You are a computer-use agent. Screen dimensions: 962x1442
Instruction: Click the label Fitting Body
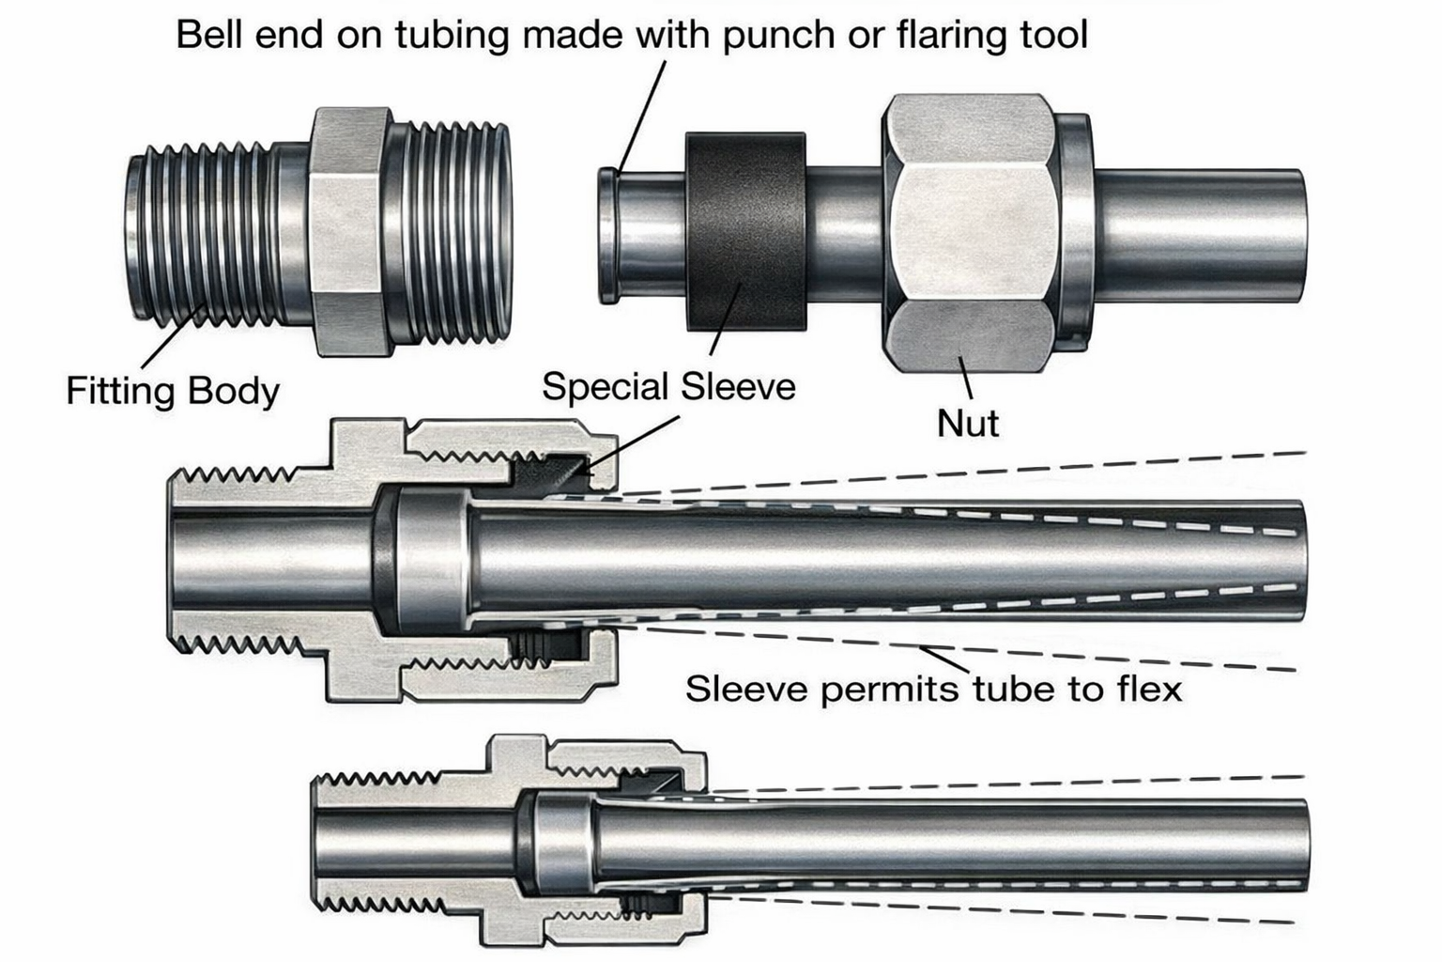point(173,391)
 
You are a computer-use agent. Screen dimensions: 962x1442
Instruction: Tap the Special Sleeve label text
point(668,387)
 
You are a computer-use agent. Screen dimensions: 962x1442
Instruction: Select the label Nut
point(968,423)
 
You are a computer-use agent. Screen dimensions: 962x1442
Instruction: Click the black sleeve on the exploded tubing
point(745,231)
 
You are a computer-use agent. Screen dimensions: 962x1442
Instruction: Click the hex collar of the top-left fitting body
point(347,231)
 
